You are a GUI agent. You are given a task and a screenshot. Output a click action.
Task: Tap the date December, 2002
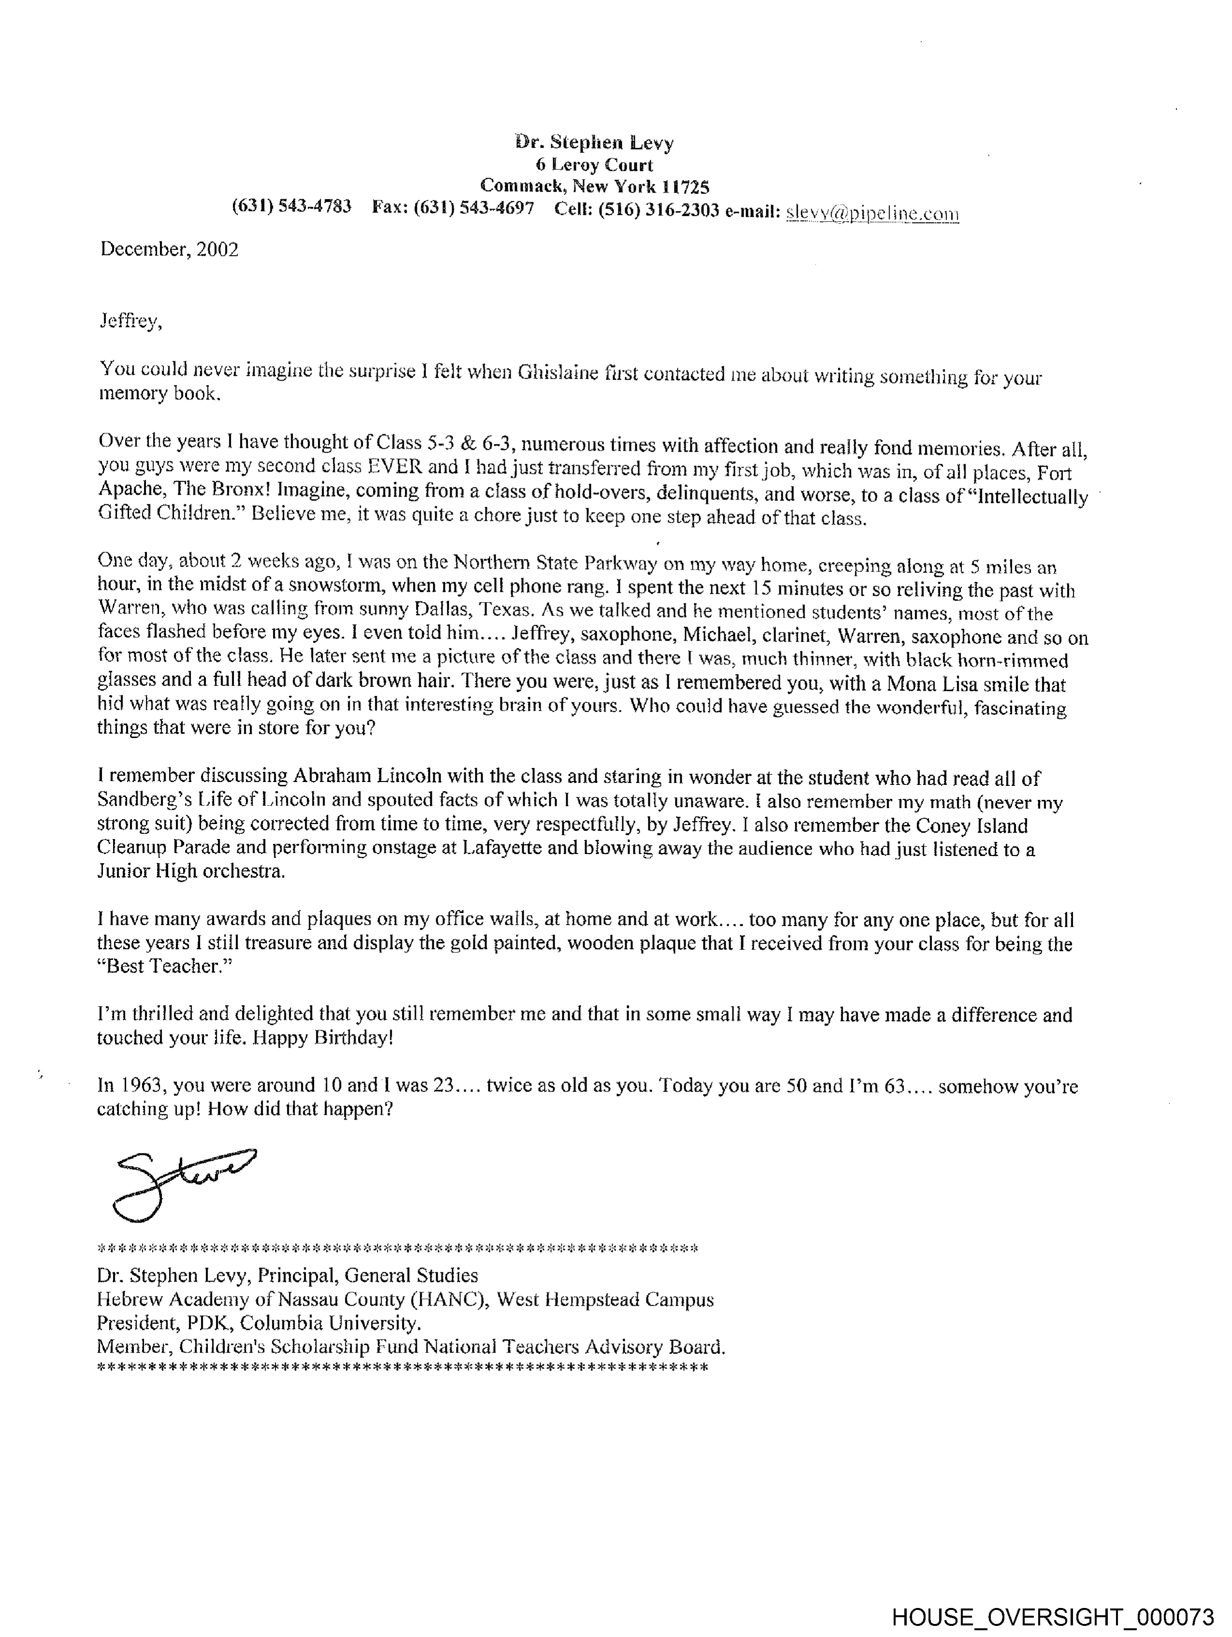[x=170, y=249]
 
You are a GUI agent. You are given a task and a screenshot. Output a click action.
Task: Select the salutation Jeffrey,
[x=130, y=321]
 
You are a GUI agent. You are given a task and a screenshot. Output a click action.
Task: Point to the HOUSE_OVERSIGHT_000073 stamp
[x=1052, y=1616]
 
